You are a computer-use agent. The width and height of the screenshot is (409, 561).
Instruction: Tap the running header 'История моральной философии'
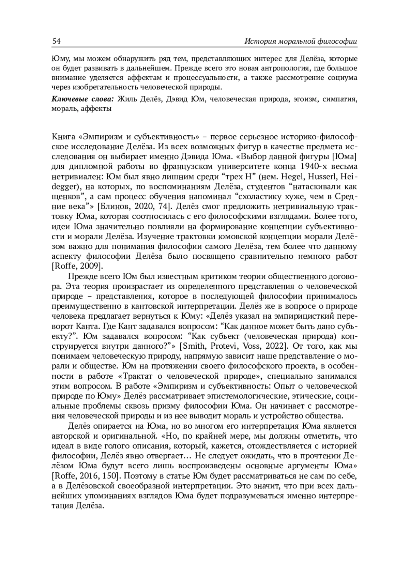301,42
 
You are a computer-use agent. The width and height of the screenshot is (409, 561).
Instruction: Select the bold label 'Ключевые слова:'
83,100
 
